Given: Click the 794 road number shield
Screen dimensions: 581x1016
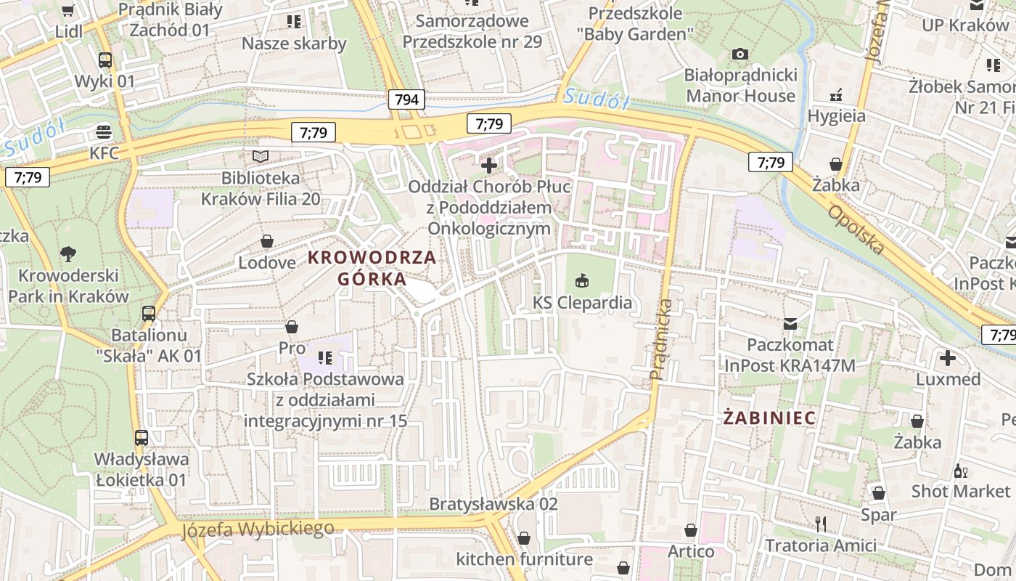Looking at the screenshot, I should click(x=406, y=99).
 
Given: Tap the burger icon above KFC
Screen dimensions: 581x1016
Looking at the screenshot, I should click(x=105, y=132).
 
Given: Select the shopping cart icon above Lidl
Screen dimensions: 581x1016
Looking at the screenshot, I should click(x=68, y=10).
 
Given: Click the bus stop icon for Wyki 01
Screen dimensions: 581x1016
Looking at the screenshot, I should click(x=105, y=60).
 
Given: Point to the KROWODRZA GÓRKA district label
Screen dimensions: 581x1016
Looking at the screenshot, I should click(x=372, y=268).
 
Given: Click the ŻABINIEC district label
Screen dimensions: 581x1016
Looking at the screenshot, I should click(x=769, y=418).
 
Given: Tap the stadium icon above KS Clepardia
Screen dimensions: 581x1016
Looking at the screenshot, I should click(x=582, y=280).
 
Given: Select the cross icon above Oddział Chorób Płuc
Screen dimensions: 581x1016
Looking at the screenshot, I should click(x=489, y=165).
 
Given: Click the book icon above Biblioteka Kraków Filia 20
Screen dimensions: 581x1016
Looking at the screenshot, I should click(x=260, y=156).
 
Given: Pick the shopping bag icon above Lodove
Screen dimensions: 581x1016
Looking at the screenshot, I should click(x=267, y=241).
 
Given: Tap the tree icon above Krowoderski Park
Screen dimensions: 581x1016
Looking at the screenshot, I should click(x=68, y=254).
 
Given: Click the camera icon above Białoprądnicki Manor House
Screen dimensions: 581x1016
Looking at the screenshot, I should click(x=740, y=54).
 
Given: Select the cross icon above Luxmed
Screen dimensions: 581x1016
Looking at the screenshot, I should click(x=948, y=358).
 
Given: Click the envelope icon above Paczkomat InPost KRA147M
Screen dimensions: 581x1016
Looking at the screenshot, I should click(x=790, y=323).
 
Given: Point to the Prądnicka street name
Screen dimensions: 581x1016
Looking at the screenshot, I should click(x=662, y=339).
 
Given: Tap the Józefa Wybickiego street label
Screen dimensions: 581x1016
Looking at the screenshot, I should click(x=258, y=528).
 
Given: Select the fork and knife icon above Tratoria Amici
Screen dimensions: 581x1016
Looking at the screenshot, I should click(x=821, y=524).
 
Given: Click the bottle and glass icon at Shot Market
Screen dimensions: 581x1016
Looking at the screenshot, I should click(x=961, y=470).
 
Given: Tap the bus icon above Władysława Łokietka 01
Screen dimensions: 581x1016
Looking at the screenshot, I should click(x=142, y=438).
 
